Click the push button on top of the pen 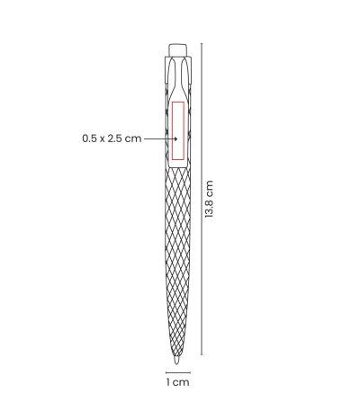click(x=178, y=49)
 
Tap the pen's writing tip click(x=176, y=361)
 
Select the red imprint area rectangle click(x=178, y=130)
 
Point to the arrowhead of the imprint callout click(x=175, y=138)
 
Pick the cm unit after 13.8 click(x=209, y=187)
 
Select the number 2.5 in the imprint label click(x=115, y=138)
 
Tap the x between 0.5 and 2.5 click(x=103, y=139)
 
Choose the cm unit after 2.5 click(x=133, y=139)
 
